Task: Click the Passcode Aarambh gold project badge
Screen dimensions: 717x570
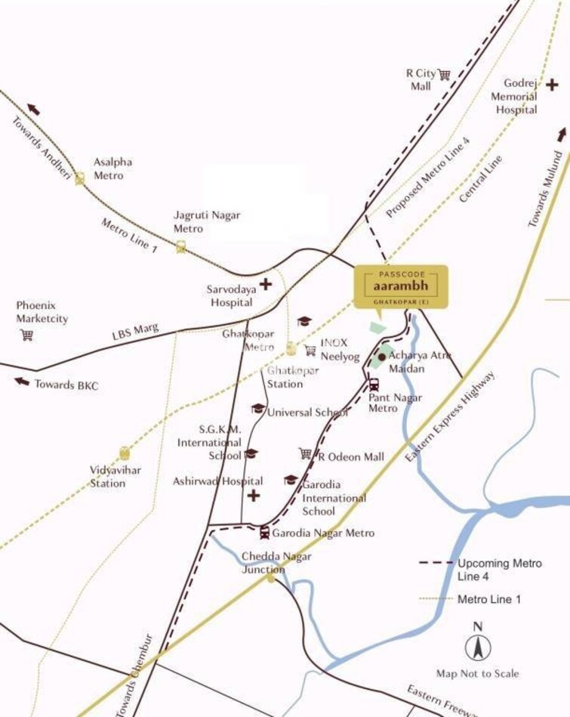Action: point(401,286)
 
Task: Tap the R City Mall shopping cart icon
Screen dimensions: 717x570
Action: point(444,74)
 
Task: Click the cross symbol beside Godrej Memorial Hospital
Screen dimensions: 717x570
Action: point(553,85)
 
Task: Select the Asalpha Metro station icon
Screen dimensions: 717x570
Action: point(80,178)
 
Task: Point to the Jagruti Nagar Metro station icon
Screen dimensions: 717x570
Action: point(181,246)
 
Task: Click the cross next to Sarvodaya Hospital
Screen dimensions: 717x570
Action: point(265,285)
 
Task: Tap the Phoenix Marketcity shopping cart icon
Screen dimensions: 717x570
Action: point(27,335)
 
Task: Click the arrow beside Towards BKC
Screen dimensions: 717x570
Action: point(22,382)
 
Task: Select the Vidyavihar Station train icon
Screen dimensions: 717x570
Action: point(124,453)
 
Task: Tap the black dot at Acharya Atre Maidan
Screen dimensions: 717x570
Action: point(382,357)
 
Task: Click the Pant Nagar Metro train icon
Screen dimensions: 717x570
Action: point(374,384)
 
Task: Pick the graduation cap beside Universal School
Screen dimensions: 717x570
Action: point(257,409)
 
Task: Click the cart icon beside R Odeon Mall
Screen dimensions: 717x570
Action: point(305,453)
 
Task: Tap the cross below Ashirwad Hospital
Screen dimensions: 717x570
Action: point(254,496)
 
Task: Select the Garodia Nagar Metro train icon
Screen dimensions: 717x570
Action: point(264,533)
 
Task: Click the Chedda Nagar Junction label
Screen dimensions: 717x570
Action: point(276,563)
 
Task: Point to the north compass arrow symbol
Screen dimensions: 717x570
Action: point(477,647)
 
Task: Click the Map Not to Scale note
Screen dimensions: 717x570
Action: point(477,673)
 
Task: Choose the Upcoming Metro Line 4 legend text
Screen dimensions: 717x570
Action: point(499,570)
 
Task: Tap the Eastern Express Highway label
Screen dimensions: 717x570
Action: point(451,417)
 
